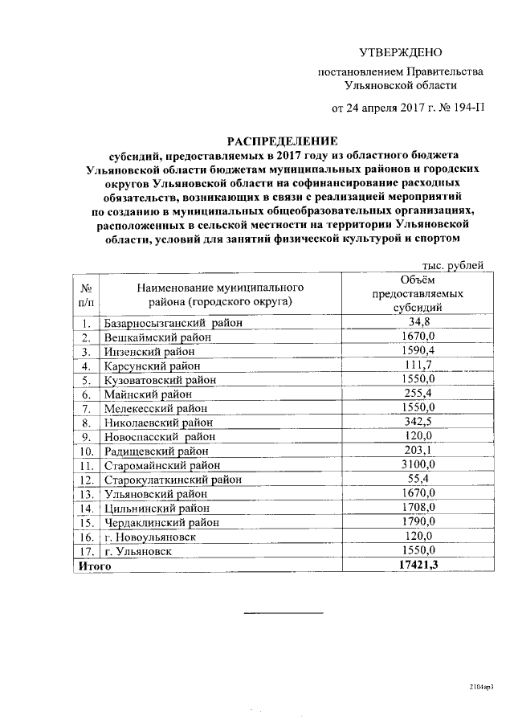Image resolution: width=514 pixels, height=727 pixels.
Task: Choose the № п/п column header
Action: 86,294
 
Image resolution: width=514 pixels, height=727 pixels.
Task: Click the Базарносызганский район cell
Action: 161,324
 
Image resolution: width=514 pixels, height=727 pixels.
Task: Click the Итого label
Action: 94,566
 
